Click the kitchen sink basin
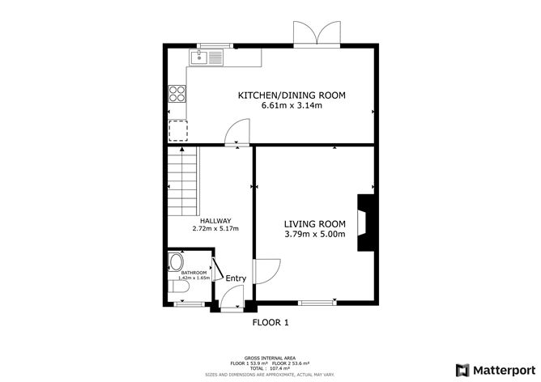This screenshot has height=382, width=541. tap(198, 57)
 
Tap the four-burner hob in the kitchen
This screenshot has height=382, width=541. tap(177, 93)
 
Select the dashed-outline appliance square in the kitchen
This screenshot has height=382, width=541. tap(177, 129)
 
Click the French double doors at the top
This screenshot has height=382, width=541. tap(315, 33)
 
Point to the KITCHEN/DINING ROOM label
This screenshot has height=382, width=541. tap(291, 95)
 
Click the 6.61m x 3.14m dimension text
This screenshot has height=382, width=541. tap(291, 106)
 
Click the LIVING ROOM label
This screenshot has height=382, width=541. tap(314, 224)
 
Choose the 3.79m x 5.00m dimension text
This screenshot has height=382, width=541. tap(314, 235)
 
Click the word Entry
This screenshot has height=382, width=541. tap(236, 278)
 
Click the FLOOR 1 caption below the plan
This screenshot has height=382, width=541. tap(270, 322)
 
